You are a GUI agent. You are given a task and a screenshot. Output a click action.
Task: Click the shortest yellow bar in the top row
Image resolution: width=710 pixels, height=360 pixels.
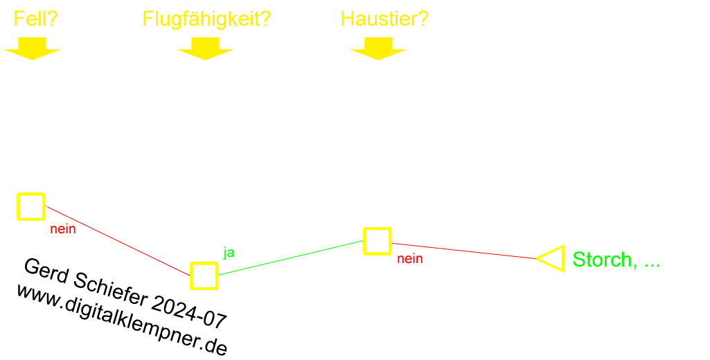point(36,18)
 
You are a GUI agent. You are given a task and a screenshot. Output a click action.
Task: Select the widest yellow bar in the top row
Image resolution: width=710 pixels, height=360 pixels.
point(206,20)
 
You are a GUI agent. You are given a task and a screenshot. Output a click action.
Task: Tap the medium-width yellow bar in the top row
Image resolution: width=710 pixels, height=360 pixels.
point(384,18)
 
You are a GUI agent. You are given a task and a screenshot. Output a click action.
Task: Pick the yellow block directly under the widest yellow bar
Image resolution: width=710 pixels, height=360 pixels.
point(205,48)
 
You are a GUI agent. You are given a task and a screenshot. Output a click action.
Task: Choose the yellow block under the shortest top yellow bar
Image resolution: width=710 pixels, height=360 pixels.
point(32,48)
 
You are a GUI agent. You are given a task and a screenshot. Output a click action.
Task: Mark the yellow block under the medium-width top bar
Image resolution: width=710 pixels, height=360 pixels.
point(378,48)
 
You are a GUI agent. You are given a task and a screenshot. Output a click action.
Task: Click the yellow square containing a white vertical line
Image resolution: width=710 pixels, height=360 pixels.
point(30,206)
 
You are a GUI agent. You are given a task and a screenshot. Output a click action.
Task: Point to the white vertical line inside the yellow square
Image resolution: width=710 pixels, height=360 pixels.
point(22,206)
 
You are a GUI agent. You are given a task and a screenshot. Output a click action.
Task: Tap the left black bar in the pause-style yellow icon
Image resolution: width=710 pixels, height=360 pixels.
point(197,276)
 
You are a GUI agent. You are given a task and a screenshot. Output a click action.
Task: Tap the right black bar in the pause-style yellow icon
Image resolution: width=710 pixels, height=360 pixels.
point(211,276)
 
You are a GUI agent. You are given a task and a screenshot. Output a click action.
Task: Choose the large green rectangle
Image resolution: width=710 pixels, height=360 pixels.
point(287,258)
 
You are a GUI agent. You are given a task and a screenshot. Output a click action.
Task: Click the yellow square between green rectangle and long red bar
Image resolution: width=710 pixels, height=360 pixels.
point(377,241)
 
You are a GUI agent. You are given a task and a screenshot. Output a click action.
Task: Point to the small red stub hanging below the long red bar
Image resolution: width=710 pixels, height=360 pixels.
point(409,261)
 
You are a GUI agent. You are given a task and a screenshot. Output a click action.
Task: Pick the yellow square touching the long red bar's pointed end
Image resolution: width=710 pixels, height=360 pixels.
point(554,258)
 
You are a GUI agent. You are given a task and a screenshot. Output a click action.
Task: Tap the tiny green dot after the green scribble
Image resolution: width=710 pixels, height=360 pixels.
point(658,264)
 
